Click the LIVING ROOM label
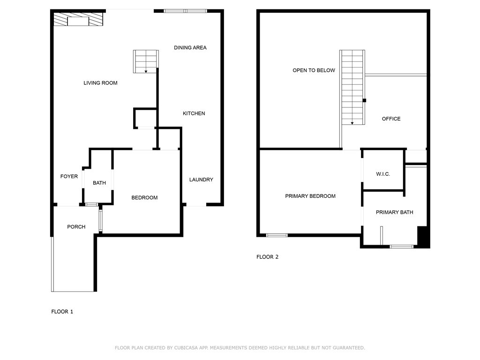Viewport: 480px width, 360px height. coord(100,83)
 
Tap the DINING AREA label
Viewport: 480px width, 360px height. coord(190,48)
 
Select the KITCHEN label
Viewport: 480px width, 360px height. coord(194,113)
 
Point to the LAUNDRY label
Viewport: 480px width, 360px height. coord(201,180)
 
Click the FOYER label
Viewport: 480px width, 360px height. coord(69,176)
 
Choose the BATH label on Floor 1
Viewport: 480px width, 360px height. coord(99,183)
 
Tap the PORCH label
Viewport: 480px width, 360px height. coord(76,227)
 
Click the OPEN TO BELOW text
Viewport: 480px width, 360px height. coord(314,70)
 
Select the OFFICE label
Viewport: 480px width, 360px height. coord(391,119)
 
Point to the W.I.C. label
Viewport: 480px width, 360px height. coord(382,174)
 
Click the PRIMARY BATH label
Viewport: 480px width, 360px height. coord(394,212)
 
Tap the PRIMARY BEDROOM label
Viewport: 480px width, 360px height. coord(310,196)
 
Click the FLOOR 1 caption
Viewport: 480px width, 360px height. coord(62,311)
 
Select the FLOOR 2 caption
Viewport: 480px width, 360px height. coord(267,257)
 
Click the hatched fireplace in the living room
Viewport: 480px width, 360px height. coord(77,20)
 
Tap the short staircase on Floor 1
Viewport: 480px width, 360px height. coord(146,61)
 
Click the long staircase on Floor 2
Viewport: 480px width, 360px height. coord(352,87)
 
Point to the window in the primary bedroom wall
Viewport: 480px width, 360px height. coord(277,235)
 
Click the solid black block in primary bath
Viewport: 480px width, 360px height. coord(423,237)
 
